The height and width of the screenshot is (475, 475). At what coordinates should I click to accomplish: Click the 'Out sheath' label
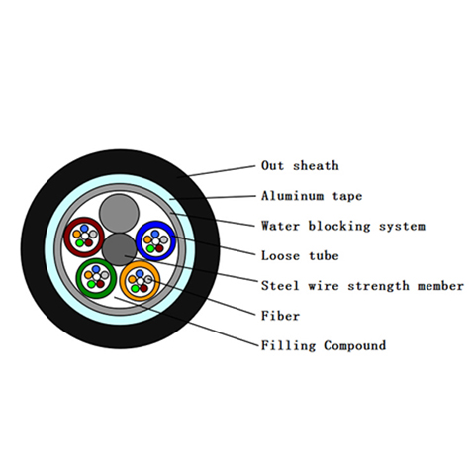pos(300,166)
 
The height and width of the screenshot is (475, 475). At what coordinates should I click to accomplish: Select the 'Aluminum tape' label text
pos(312,196)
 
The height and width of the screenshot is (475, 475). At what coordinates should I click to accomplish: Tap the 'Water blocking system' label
pos(343,226)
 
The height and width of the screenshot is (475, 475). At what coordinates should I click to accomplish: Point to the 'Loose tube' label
pos(300,256)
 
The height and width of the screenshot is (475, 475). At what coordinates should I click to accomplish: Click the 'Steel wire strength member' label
pos(362,286)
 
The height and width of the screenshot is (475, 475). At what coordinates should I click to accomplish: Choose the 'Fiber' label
pos(280,316)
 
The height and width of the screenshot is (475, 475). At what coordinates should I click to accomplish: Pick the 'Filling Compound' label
pos(324,345)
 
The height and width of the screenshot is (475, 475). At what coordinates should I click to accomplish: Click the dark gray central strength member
pos(119,249)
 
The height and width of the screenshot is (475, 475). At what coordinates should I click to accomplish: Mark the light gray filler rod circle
pos(119,214)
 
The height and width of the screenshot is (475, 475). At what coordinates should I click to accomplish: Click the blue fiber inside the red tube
pos(84,229)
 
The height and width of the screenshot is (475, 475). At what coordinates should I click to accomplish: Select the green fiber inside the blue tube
pos(150,248)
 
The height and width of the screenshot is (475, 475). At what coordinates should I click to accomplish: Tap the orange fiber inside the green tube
pos(88,275)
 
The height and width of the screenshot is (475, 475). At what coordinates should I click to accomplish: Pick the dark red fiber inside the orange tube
pos(143,288)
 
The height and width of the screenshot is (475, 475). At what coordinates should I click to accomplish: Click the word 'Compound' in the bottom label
pos(354,345)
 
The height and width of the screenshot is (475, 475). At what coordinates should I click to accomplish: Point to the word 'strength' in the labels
pos(378,286)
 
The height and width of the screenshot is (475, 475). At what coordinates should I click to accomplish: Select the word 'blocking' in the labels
pos(339,226)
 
